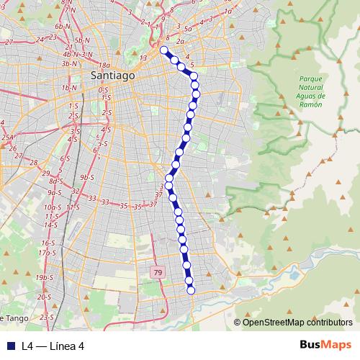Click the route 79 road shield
158,272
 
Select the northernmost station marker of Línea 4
163,50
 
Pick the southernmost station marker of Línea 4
191,290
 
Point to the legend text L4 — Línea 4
53,346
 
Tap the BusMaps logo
325,345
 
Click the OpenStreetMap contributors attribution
297,322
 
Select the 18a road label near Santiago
104,65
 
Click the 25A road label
8,136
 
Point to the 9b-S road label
88,177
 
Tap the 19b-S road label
45,277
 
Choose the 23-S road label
48,317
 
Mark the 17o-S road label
47,253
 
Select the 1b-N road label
69,88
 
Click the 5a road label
189,30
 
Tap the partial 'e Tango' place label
13,318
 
